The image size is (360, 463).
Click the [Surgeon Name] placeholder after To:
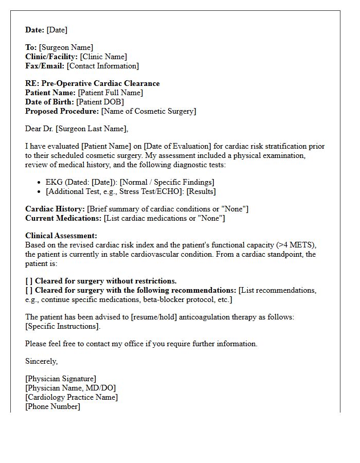[x=66, y=47]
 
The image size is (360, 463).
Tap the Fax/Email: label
[x=45, y=66]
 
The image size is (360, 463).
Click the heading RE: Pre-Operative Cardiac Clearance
[x=93, y=83]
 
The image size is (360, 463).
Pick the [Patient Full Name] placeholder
[x=110, y=93]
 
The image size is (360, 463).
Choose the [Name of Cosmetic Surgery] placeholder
[x=148, y=111]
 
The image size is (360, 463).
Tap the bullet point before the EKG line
[x=40, y=183]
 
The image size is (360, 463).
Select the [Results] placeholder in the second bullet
[x=201, y=191]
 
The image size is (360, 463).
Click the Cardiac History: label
[x=55, y=209]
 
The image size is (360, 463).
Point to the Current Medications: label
[x=63, y=218]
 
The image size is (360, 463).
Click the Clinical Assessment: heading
[x=61, y=236]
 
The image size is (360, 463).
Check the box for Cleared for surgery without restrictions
[x=29, y=281]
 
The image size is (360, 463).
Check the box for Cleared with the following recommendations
[x=29, y=290]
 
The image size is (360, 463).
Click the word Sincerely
[x=42, y=361]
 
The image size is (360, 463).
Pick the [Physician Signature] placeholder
[x=61, y=379]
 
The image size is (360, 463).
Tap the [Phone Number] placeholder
[x=53, y=406]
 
